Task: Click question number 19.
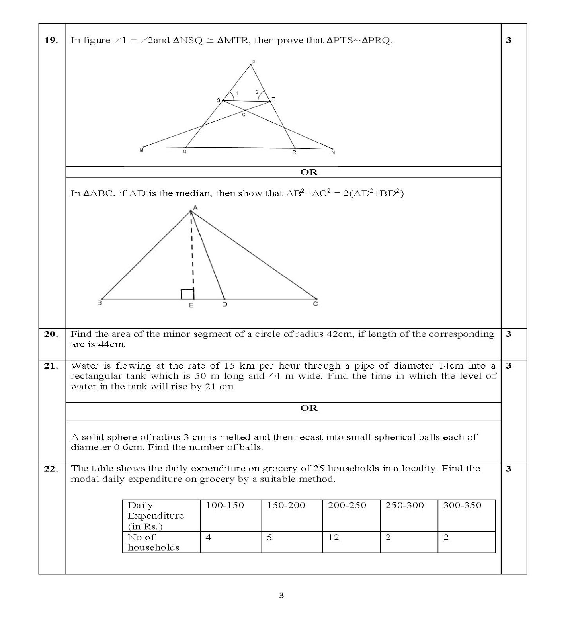pyautogui.click(x=51, y=40)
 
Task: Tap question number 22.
pyautogui.click(x=51, y=469)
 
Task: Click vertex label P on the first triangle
pyautogui.click(x=254, y=62)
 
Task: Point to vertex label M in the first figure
pyautogui.click(x=141, y=150)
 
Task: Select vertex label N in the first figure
pyautogui.click(x=333, y=152)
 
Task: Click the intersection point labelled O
pyautogui.click(x=244, y=115)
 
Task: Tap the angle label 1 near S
pyautogui.click(x=237, y=94)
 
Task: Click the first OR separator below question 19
pyautogui.click(x=308, y=172)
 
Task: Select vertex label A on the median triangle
pyautogui.click(x=195, y=207)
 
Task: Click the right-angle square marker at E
pyautogui.click(x=187, y=294)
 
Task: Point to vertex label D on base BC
pyautogui.click(x=224, y=305)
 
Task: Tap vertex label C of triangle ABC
pyautogui.click(x=315, y=304)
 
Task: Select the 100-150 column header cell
pyautogui.click(x=231, y=516)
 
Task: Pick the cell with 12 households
pyautogui.click(x=351, y=542)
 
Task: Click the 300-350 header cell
pyautogui.click(x=466, y=516)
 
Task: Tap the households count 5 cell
pyautogui.click(x=292, y=542)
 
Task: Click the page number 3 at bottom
pyautogui.click(x=281, y=596)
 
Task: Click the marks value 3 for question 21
pyautogui.click(x=508, y=366)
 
